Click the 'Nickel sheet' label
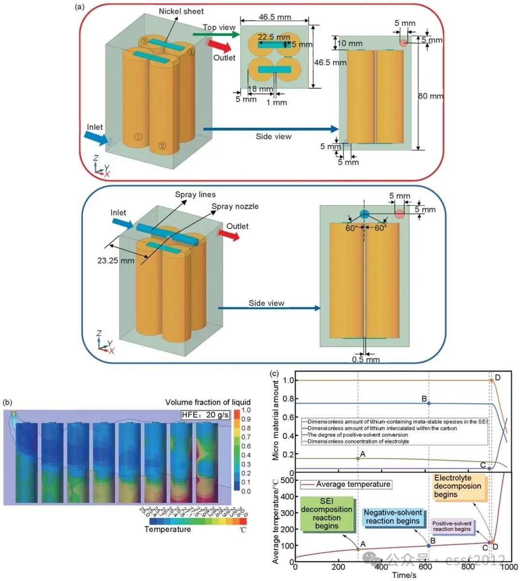coord(181,11)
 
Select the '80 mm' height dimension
coord(430,96)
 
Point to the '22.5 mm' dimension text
coord(274,37)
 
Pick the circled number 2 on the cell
coord(162,145)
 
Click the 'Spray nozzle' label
coord(235,207)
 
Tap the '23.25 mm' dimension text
coord(116,261)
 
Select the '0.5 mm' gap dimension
coord(366,359)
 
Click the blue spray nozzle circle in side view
coord(364,214)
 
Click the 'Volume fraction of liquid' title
coord(208,402)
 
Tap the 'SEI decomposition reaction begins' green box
coord(327,514)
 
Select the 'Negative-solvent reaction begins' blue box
coord(393,517)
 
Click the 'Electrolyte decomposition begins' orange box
coord(457,486)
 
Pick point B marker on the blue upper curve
coord(429,403)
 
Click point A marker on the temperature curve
coord(358,549)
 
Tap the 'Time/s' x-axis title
coord(404,575)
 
